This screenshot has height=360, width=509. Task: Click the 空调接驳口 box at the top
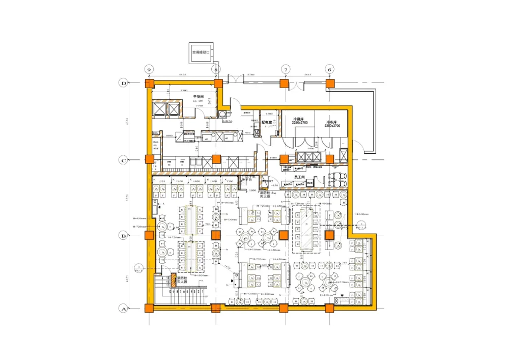pyautogui.click(x=201, y=52)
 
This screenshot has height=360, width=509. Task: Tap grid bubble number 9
pyautogui.click(x=149, y=70)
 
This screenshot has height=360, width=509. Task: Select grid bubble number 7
pyautogui.click(x=286, y=70)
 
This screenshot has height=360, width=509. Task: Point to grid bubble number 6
pyautogui.click(x=329, y=70)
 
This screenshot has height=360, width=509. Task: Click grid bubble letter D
pyautogui.click(x=123, y=83)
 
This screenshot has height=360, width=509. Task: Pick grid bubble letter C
pyautogui.click(x=123, y=160)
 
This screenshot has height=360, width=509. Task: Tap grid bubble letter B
pyautogui.click(x=123, y=235)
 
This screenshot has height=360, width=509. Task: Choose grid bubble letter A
pyautogui.click(x=123, y=308)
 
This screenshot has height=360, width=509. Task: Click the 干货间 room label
pyautogui.click(x=198, y=96)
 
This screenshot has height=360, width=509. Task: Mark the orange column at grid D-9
pyautogui.click(x=149, y=84)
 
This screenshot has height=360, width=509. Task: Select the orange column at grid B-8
pyautogui.click(x=216, y=235)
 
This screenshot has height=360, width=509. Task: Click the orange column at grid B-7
pyautogui.click(x=284, y=235)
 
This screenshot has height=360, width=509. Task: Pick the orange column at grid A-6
pyautogui.click(x=330, y=308)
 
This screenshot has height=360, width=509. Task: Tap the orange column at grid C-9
pyautogui.click(x=149, y=159)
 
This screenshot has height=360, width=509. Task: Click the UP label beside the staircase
pyautogui.click(x=206, y=296)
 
